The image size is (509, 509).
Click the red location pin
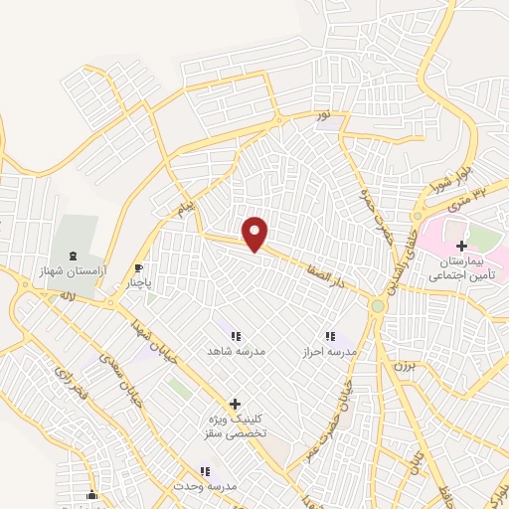(256, 234)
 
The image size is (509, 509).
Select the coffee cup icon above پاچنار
(139, 267)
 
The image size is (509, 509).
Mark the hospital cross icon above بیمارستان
(461, 245)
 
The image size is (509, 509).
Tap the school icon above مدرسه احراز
(330, 337)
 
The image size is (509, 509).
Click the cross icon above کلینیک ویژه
(235, 404)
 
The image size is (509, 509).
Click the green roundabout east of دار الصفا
(378, 306)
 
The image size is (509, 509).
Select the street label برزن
(404, 366)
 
